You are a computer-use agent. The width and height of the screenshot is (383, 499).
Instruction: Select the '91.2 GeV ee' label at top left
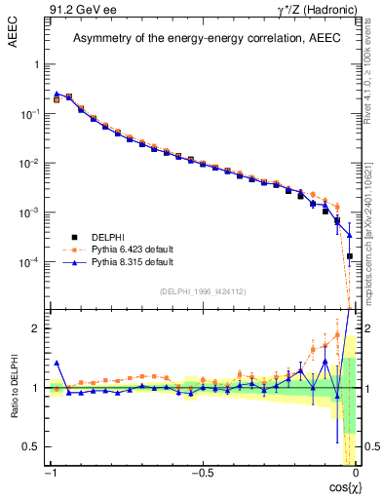[x=77, y=9]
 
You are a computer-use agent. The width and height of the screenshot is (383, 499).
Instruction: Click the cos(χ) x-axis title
[x=341, y=486]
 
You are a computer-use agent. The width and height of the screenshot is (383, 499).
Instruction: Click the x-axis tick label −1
[x=50, y=473]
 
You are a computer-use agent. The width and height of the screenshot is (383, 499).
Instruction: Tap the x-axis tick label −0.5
[x=201, y=473]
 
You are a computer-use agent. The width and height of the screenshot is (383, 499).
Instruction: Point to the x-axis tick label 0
[x=356, y=473]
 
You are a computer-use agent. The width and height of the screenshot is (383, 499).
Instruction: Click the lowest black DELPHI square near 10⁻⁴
[x=349, y=256]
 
